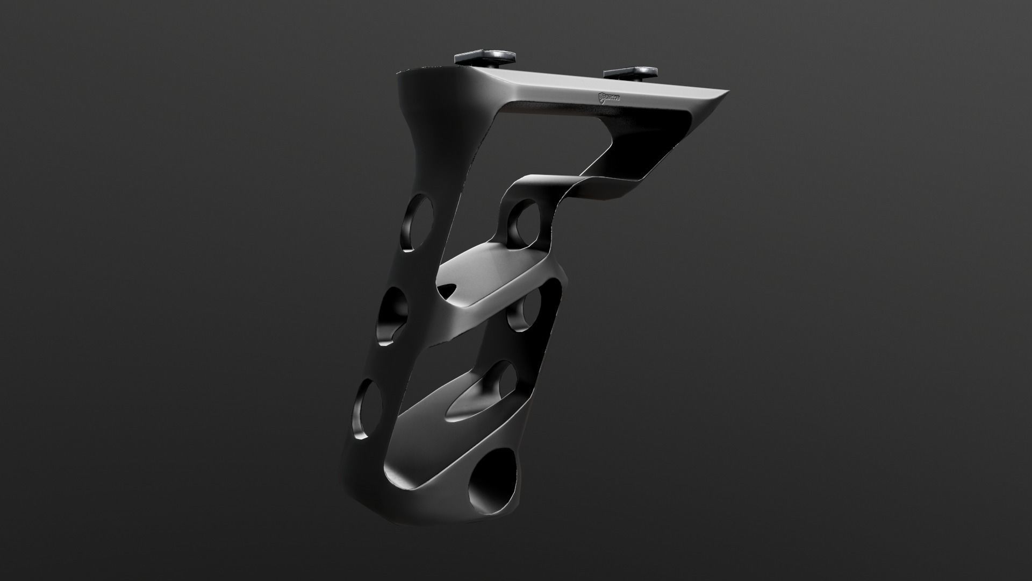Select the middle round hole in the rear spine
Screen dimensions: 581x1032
[392, 318]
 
